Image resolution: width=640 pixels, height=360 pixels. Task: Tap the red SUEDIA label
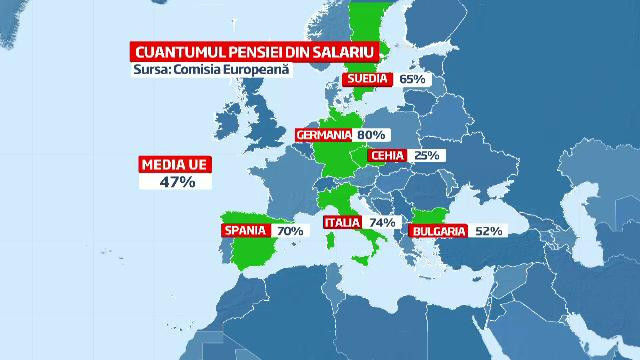pos(368,80)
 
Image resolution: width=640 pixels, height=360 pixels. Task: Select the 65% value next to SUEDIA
pos(412,80)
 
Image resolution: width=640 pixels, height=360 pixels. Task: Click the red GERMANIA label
pos(325,134)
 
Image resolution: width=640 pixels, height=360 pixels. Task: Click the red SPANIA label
pos(244,231)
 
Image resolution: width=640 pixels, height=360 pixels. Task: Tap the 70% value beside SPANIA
pos(289,231)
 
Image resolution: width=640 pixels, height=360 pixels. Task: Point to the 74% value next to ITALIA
pos(383,222)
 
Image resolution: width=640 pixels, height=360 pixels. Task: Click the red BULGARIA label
pos(437,231)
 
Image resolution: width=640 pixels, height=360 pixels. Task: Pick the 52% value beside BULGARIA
pos(489,231)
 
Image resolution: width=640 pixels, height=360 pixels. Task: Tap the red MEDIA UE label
pos(175,165)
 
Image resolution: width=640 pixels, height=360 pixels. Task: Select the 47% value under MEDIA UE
pos(175,183)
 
